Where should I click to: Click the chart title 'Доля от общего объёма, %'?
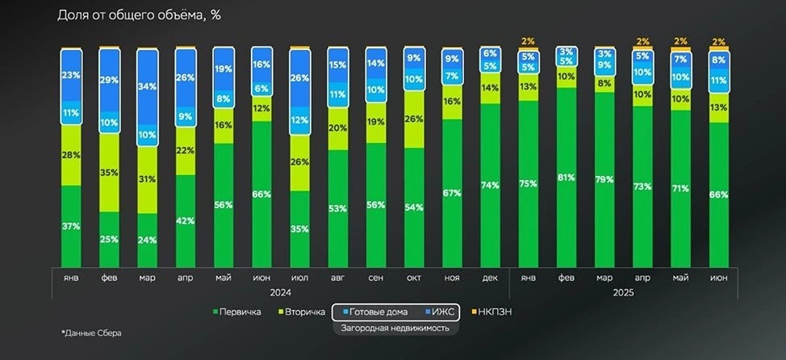point(139,16)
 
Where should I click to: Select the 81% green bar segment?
point(565,178)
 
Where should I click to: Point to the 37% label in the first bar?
point(71,226)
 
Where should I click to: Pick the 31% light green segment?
point(147,179)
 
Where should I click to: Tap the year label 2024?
point(281,292)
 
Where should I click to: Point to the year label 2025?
point(622,292)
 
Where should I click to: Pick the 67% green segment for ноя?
point(452,194)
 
